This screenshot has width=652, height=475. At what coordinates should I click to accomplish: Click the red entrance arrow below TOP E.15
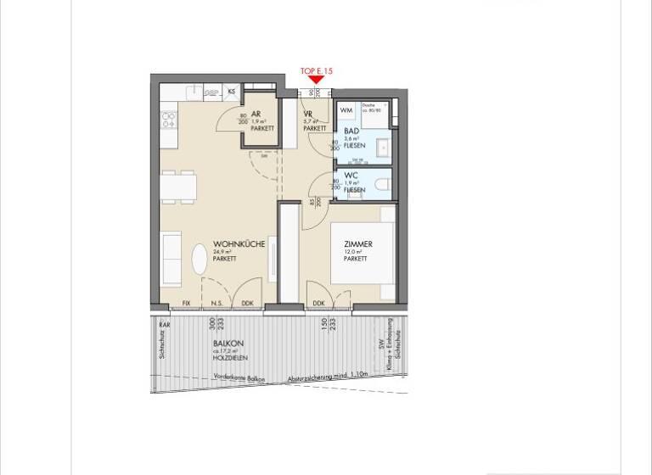tap(315, 80)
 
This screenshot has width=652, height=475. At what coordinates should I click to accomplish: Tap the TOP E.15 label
tap(316, 71)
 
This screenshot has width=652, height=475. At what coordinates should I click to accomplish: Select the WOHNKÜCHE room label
tap(239, 244)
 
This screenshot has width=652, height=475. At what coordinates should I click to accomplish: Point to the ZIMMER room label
tap(357, 244)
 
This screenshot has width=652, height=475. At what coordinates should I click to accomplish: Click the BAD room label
tap(351, 131)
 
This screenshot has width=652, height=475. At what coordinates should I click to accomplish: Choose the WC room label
tap(351, 176)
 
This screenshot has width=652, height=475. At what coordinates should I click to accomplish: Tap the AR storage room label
tap(256, 114)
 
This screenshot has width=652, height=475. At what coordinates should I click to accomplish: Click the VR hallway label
tap(308, 114)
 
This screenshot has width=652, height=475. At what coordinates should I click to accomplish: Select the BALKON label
tap(225, 343)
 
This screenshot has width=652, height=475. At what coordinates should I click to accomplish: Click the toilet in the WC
tap(382, 183)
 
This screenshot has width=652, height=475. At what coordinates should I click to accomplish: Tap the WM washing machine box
tap(346, 110)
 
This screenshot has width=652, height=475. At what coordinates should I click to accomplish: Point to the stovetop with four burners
tap(168, 120)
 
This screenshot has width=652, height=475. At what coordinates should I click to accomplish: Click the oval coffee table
tap(199, 259)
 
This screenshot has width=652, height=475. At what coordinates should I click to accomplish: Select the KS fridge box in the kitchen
tap(232, 90)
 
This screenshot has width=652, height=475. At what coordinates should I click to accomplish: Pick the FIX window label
tap(187, 303)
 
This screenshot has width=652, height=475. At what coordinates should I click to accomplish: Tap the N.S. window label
tap(216, 303)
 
